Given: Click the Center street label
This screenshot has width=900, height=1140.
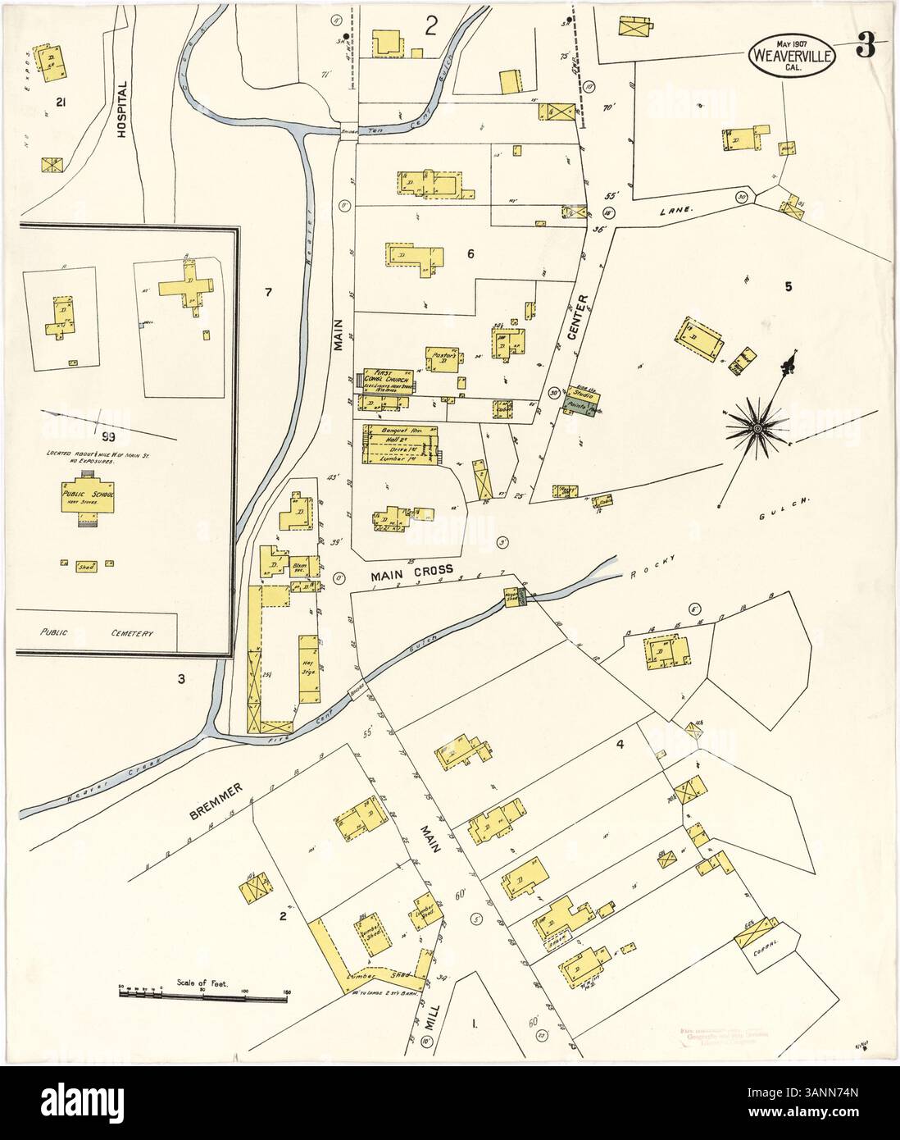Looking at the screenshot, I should [584, 316].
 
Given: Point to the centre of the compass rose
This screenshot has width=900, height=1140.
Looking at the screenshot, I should [757, 427].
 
